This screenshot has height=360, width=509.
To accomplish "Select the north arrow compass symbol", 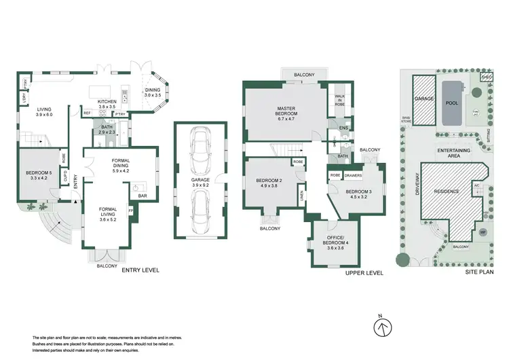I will (x=383, y=328).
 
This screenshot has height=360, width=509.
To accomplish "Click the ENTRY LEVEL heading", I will (x=140, y=270).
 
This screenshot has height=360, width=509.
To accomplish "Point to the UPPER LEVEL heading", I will (x=364, y=272).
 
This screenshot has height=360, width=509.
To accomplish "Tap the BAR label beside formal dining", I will (x=143, y=197).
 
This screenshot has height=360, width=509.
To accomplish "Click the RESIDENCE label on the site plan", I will (x=447, y=192).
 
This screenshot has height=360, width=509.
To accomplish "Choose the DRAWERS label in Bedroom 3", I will (x=354, y=175).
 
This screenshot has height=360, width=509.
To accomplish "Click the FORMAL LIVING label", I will (x=109, y=211).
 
